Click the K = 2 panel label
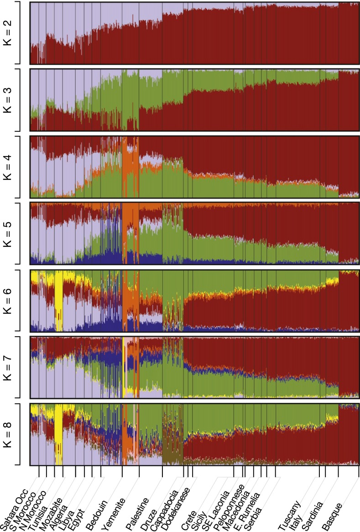[x=7, y=33]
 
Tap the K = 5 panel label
[x=7, y=233]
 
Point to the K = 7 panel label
[x=7, y=367]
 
